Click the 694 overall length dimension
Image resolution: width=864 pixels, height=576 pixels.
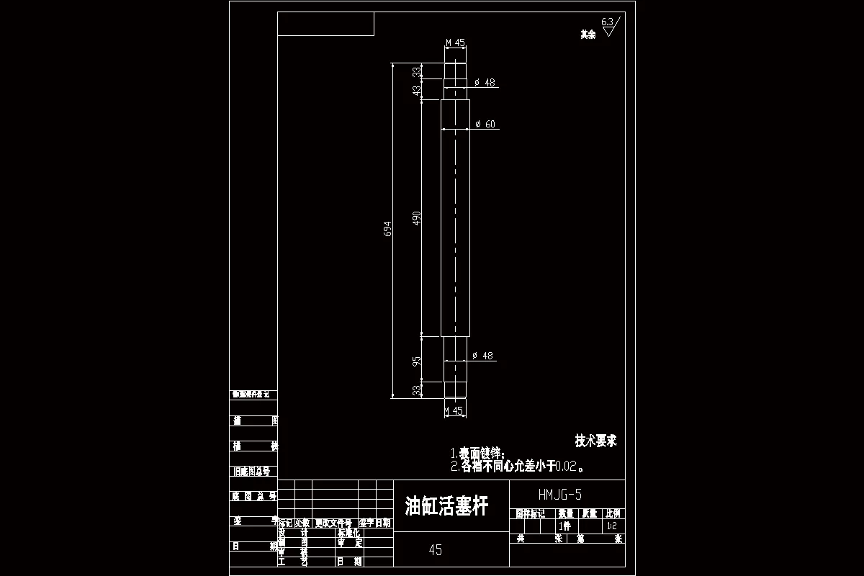(x=387, y=229)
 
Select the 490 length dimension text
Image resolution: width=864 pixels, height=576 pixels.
(x=416, y=218)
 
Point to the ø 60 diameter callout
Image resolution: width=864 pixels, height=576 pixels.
(x=486, y=125)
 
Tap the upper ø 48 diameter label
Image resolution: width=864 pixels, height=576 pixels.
(x=486, y=83)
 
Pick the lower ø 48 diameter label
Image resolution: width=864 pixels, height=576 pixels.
(x=483, y=356)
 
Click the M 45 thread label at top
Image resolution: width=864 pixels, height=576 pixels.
(x=456, y=43)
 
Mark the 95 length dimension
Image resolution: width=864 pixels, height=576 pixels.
(x=416, y=361)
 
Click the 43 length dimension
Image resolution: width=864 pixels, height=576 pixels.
(x=416, y=90)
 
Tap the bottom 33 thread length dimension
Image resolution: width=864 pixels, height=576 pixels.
(x=416, y=390)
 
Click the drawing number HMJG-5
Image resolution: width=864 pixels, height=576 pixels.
(x=559, y=495)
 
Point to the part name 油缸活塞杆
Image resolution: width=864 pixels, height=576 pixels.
(x=446, y=506)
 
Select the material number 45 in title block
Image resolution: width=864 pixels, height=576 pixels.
(x=435, y=551)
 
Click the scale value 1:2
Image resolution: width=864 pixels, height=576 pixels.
(x=612, y=526)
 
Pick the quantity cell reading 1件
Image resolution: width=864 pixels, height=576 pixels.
(x=564, y=526)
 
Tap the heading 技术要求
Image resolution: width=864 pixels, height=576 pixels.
(x=595, y=441)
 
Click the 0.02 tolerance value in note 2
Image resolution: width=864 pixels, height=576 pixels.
(x=567, y=467)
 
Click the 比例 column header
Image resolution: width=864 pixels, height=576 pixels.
(x=613, y=514)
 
